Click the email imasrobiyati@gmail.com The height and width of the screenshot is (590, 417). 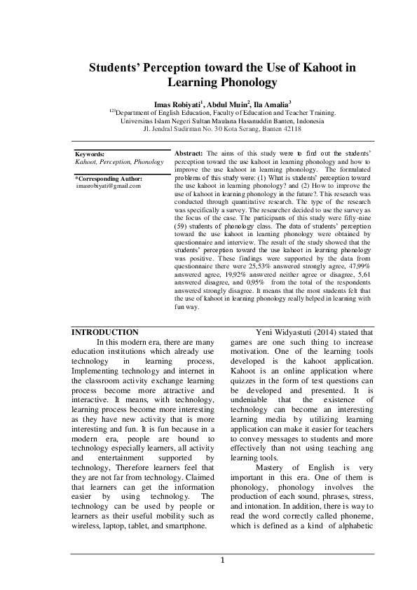click(x=108, y=186)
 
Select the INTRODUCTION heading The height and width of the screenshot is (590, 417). click(x=105, y=331)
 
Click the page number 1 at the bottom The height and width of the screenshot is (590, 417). click(x=222, y=560)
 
